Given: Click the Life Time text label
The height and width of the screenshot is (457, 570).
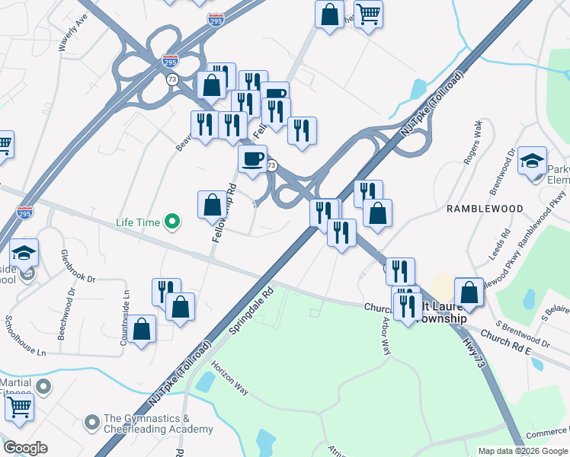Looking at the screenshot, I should click(138, 222).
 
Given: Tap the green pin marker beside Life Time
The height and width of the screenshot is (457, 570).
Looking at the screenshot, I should click(174, 222).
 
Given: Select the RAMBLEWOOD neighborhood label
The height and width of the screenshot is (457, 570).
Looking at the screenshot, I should click(485, 208).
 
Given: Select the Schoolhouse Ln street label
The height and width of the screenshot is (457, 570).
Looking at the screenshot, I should click(25, 336).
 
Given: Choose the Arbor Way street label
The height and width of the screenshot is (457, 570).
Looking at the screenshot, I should click(386, 336).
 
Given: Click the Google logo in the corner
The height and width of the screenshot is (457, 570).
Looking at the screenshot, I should click(25, 447).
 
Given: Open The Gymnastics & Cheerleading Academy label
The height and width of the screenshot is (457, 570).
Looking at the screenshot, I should click(158, 424).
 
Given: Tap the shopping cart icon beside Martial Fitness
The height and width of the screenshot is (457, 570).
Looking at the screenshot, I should click(19, 407).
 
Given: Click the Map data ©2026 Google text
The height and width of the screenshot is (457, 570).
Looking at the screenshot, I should click(523, 450).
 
